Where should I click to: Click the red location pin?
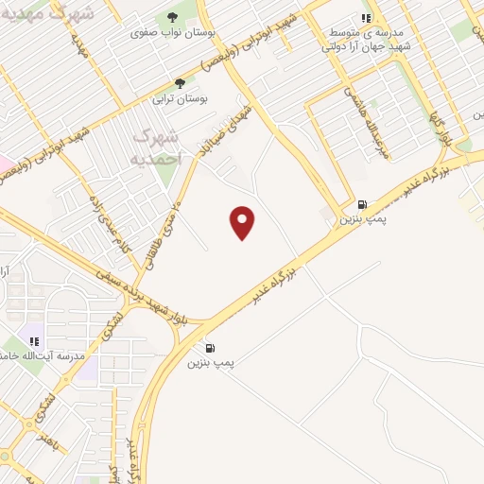243,221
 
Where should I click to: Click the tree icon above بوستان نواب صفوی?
171,17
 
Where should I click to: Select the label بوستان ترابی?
180,97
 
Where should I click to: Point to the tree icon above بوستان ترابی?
180,83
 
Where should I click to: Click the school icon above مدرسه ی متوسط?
365,17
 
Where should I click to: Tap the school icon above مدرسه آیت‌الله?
35,341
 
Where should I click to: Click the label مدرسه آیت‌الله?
58,355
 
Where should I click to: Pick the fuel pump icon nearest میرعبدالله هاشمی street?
362,204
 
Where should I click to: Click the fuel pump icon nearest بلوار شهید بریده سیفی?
209,348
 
